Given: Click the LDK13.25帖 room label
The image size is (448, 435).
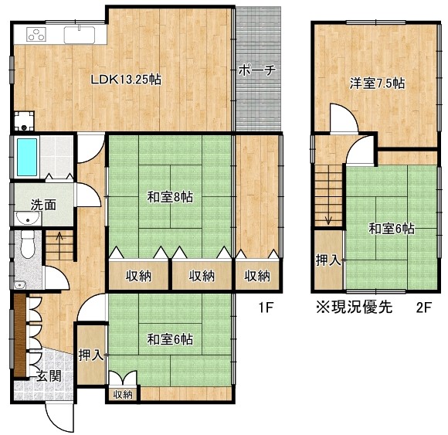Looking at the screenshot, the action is point(126,80).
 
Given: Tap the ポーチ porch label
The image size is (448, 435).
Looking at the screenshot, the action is point(257,70).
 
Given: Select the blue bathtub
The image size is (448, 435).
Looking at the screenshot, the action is point(27,157).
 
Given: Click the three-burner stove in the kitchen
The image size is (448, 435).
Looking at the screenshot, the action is point(36,34).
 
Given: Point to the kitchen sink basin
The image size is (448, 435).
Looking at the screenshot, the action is point(80,35).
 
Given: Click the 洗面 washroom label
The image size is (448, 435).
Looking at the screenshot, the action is point(43,206).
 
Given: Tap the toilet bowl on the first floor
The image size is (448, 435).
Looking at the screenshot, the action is point(28,245).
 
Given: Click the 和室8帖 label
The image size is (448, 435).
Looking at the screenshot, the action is point(170,197).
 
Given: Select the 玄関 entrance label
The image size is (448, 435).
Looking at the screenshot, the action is point(49,376).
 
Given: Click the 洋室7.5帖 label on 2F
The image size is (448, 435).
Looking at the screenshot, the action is point(377,83).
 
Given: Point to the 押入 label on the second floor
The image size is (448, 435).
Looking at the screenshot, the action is point(328,260).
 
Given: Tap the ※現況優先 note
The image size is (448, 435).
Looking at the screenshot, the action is point(355,308).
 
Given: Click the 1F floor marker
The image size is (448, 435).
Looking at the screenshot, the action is point(266,308).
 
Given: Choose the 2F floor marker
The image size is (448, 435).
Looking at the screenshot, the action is point(423,308).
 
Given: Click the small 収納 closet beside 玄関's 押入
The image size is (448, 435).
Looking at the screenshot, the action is point(123,395).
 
